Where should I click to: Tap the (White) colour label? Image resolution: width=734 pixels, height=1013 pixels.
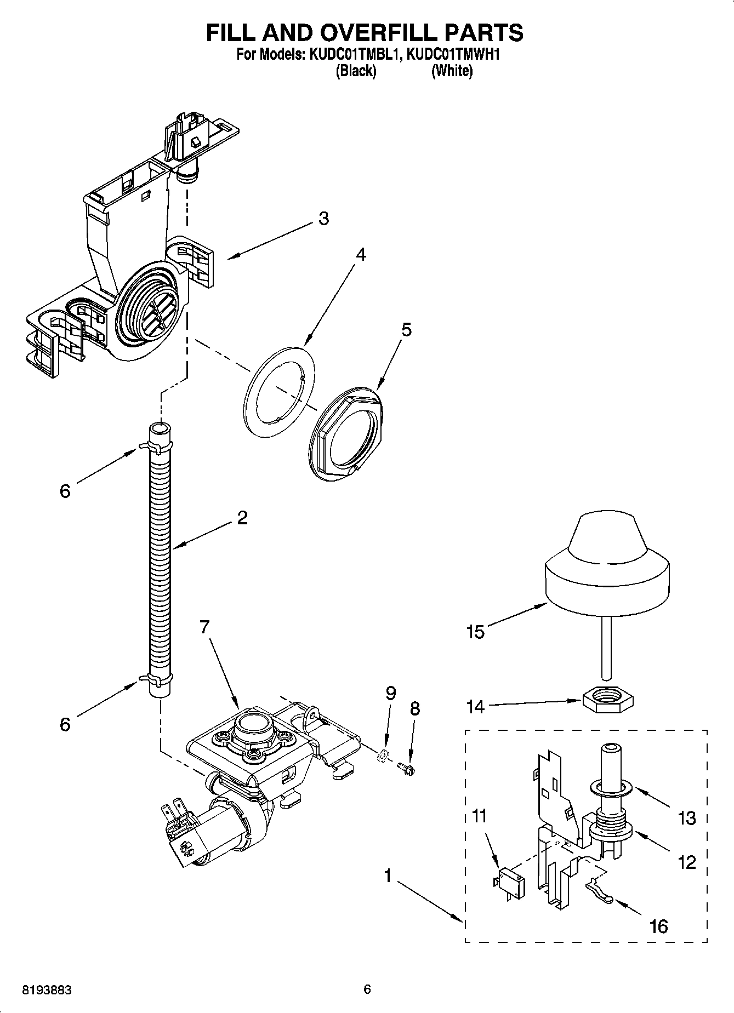point(452,71)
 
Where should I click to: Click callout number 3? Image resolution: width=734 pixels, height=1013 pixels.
point(323,219)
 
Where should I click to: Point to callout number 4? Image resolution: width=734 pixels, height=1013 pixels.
point(360,254)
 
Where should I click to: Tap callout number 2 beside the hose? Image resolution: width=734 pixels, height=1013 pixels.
point(242,517)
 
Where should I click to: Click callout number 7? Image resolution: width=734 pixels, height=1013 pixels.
point(204,627)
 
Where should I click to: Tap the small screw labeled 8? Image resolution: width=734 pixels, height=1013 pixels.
point(408,769)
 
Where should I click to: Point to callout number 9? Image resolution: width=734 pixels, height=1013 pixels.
point(390,694)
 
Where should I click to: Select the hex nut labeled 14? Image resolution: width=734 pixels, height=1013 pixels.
point(607,701)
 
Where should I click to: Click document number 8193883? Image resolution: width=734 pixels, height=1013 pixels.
point(47,990)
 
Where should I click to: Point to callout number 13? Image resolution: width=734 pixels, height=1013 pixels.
point(686,819)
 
